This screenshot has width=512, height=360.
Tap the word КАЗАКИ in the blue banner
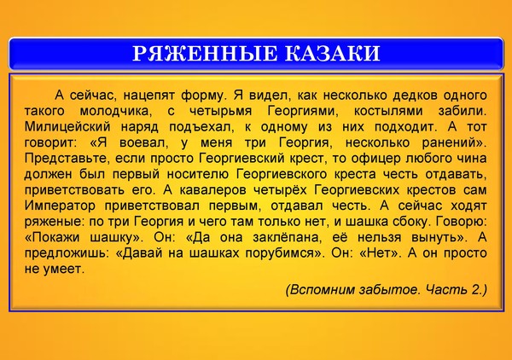pyautogui.click(x=333, y=54)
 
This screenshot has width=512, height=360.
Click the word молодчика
pyautogui.click(x=116, y=111)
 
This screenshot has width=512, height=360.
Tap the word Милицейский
pyautogui.click(x=67, y=126)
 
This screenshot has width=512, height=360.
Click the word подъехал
pyautogui.click(x=201, y=126)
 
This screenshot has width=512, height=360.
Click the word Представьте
pyautogui.click(x=68, y=159)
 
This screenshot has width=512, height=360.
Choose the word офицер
pyautogui.click(x=376, y=159)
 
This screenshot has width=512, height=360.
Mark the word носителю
pyautogui.click(x=199, y=174)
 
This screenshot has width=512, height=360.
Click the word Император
pyautogui.click(x=60, y=206)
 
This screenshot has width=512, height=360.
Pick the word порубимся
pyautogui.click(x=285, y=253)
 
